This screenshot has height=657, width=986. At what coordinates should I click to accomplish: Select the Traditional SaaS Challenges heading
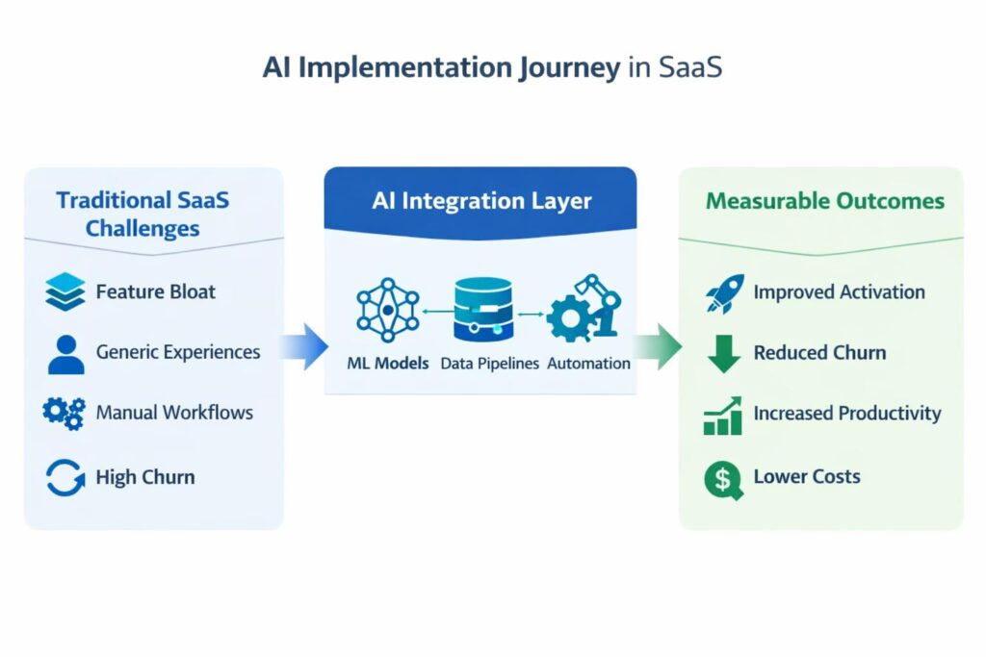[143, 214]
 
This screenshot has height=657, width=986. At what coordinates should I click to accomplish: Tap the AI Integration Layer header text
[480, 201]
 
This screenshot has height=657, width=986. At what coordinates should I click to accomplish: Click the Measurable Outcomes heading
[824, 201]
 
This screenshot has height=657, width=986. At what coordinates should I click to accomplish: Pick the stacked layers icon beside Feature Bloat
[65, 291]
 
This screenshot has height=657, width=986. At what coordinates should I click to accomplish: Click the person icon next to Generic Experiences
[65, 353]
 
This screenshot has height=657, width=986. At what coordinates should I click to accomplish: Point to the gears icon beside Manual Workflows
[65, 413]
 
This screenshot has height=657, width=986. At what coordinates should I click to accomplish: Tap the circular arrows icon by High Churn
[65, 477]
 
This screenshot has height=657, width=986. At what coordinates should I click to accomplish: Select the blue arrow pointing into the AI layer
[305, 346]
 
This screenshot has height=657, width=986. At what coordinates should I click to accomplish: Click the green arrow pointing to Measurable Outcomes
[658, 346]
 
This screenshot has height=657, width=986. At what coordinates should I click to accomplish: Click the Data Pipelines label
[489, 364]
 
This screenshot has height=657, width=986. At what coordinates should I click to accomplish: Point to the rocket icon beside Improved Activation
[724, 292]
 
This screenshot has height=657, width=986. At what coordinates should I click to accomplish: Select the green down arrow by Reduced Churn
[723, 353]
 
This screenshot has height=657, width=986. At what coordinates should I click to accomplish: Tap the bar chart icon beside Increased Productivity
[722, 415]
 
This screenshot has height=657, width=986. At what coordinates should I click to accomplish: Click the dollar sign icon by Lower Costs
[723, 478]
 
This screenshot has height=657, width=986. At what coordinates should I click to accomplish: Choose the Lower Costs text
[807, 476]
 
